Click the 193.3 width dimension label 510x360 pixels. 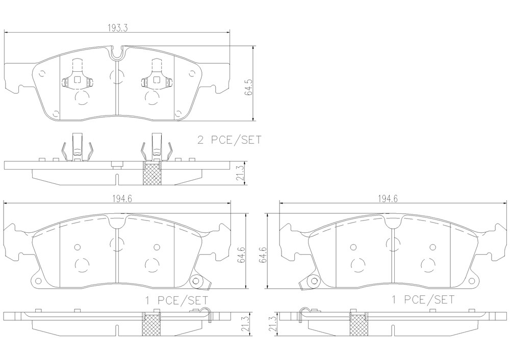click(x=117, y=28)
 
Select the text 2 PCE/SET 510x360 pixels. click(x=229, y=140)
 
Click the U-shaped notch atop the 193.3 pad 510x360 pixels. click(x=117, y=53)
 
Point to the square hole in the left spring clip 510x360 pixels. click(x=78, y=79)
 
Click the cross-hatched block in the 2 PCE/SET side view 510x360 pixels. click(x=152, y=174)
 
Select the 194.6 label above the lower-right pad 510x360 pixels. click(x=388, y=199)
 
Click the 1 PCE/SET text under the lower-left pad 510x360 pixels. click(x=176, y=300)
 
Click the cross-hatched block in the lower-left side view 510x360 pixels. click(x=151, y=325)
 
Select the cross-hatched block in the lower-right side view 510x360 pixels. click(x=359, y=325)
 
